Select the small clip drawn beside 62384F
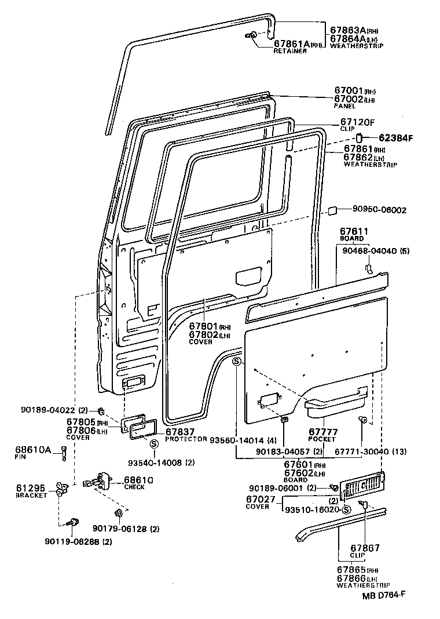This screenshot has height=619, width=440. pos(358,137)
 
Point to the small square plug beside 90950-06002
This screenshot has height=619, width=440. pos(333,210)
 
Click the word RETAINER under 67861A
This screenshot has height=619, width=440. pos(290,51)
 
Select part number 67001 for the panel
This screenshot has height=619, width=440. pos(348,91)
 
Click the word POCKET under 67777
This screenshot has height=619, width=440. pos(322,439)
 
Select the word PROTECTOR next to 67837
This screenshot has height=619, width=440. pos(186,439)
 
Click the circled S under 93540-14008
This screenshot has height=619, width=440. pos(155,444)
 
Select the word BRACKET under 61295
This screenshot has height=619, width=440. pos(31,496)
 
